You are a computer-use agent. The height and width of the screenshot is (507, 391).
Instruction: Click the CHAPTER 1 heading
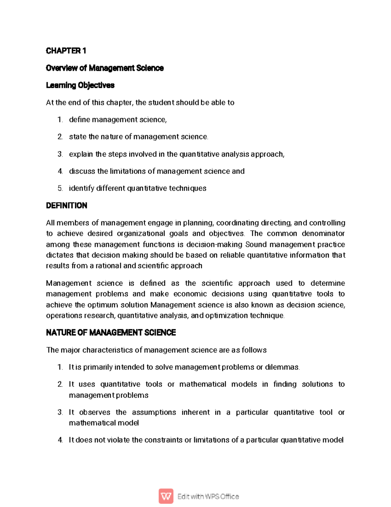[x=66, y=51]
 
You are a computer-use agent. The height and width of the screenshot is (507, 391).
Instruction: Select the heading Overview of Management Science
[x=105, y=68]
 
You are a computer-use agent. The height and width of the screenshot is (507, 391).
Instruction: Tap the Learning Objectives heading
[x=80, y=85]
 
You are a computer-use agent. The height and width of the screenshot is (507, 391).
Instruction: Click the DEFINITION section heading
[x=66, y=205]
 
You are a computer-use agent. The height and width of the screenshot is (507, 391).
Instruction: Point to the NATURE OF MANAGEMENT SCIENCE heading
[x=111, y=332]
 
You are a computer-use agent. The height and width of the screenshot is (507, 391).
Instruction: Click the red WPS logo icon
[x=166, y=496]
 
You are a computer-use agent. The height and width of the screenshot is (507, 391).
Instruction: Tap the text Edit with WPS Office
[x=208, y=497]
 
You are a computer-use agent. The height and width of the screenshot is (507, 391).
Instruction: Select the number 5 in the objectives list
[x=60, y=188]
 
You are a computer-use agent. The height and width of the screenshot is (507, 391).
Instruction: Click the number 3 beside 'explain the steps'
[x=60, y=154]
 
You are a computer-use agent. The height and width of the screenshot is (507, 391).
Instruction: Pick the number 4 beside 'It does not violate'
[x=60, y=440]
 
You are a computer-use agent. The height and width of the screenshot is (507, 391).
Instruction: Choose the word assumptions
[x=154, y=412]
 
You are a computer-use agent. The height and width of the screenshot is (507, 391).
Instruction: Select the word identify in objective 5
[x=81, y=188]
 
